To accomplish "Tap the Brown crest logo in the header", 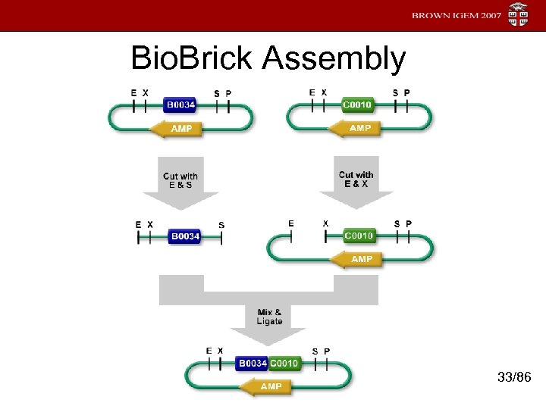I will point(519,15).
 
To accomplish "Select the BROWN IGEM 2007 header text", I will point(457,16).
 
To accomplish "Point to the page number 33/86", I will point(513,376).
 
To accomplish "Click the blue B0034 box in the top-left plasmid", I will point(180,104).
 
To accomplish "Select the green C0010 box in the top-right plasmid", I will point(356,104).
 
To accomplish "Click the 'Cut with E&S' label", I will point(180,181).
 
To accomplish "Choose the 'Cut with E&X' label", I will point(356,180).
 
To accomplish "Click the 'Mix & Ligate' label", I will point(269,317).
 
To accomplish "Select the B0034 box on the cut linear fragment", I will point(185,236).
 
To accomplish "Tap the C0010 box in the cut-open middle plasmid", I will point(359,236).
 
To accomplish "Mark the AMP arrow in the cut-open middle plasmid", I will point(357,259).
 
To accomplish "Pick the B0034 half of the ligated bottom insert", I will point(252,364).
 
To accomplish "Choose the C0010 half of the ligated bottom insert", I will point(284,364).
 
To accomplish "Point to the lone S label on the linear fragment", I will point(221,224).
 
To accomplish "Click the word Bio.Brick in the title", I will point(193,58).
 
